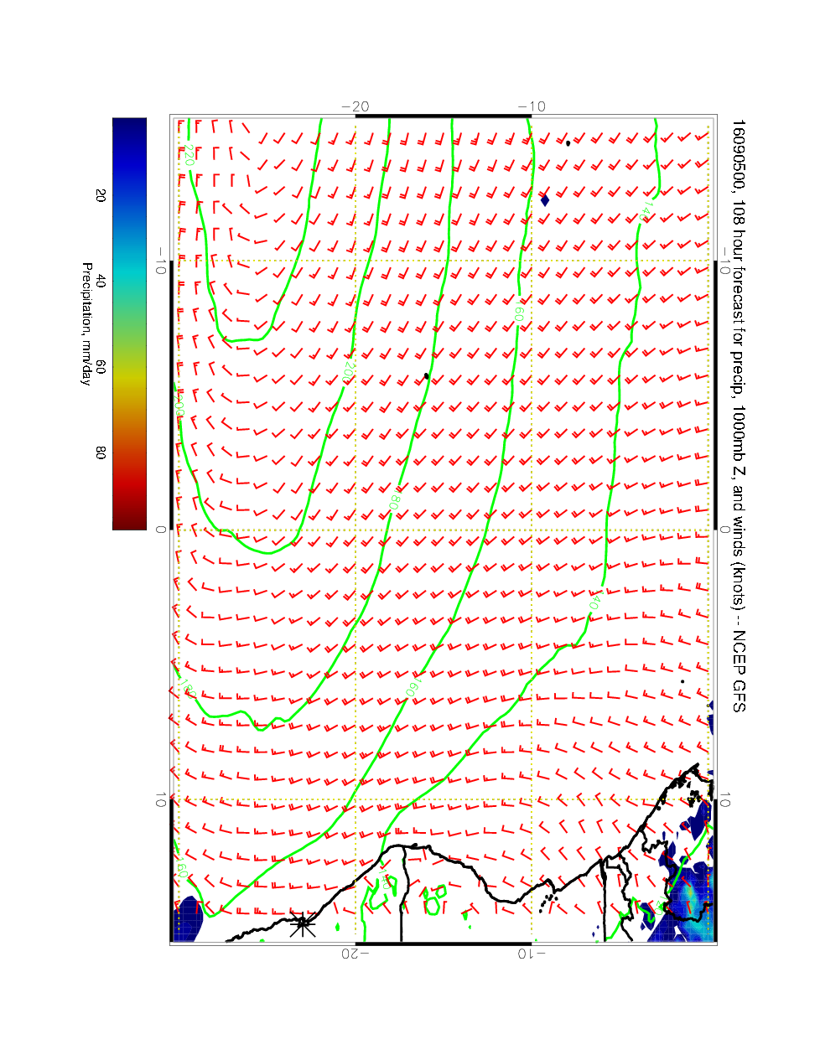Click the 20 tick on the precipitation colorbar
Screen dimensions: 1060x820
[x=101, y=194]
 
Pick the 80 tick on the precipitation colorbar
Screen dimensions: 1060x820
[x=101, y=452]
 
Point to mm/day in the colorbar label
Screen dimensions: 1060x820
[x=86, y=365]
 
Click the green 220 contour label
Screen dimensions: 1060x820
[x=189, y=155]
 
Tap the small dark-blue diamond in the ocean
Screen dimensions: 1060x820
[x=545, y=200]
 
